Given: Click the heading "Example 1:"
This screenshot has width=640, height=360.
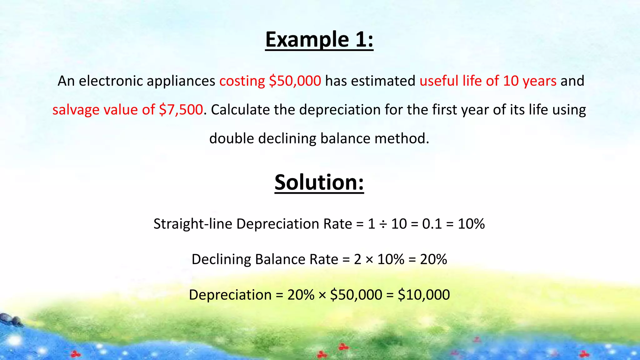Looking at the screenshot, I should (319, 40).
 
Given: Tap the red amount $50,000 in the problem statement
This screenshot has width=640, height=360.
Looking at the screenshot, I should (295, 81).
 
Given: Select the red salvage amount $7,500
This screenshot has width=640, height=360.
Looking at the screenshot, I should (181, 110).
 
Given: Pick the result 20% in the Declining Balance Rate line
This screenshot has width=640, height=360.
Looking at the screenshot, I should (433, 259).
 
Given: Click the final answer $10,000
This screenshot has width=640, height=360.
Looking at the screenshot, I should (424, 295).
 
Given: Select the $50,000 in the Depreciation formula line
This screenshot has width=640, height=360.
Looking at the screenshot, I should (356, 295).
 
